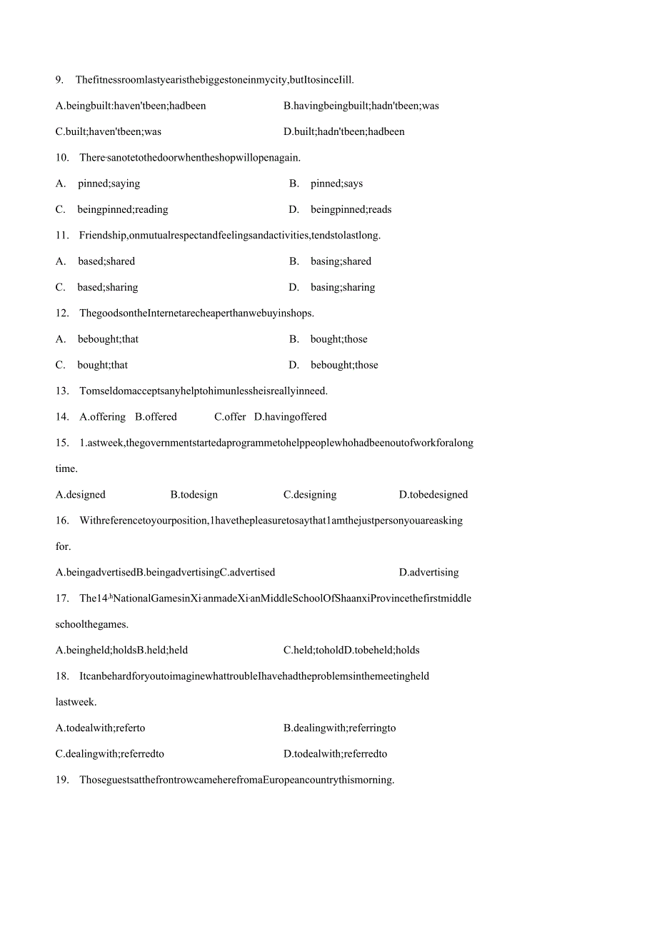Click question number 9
[x=59, y=79]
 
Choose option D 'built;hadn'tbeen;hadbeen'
[x=343, y=131]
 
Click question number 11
[x=61, y=235]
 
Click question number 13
[x=61, y=391]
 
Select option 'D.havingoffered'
[x=290, y=417]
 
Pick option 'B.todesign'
[x=194, y=495]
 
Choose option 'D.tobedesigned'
[x=433, y=495]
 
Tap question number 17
[x=61, y=598]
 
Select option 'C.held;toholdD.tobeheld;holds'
[x=351, y=651]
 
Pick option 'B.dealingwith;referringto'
[x=339, y=728]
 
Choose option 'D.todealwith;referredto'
[x=335, y=754]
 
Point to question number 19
[x=61, y=780]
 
